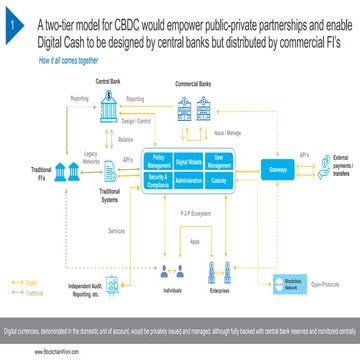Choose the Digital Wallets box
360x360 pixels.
coord(193,160)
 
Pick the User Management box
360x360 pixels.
coord(228,160)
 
